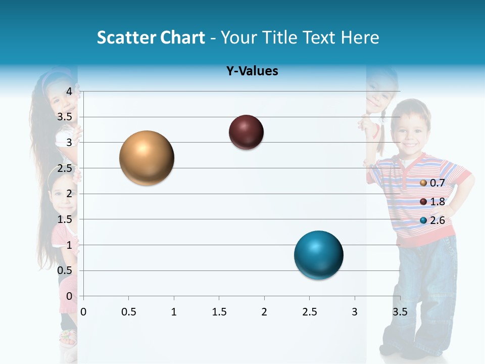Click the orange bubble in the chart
(x=147, y=158)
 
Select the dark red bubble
(x=246, y=132)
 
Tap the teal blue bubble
(x=318, y=255)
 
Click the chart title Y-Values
(x=252, y=71)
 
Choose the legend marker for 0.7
(x=423, y=183)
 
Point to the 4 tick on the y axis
(x=70, y=92)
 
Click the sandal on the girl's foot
(x=68, y=337)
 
